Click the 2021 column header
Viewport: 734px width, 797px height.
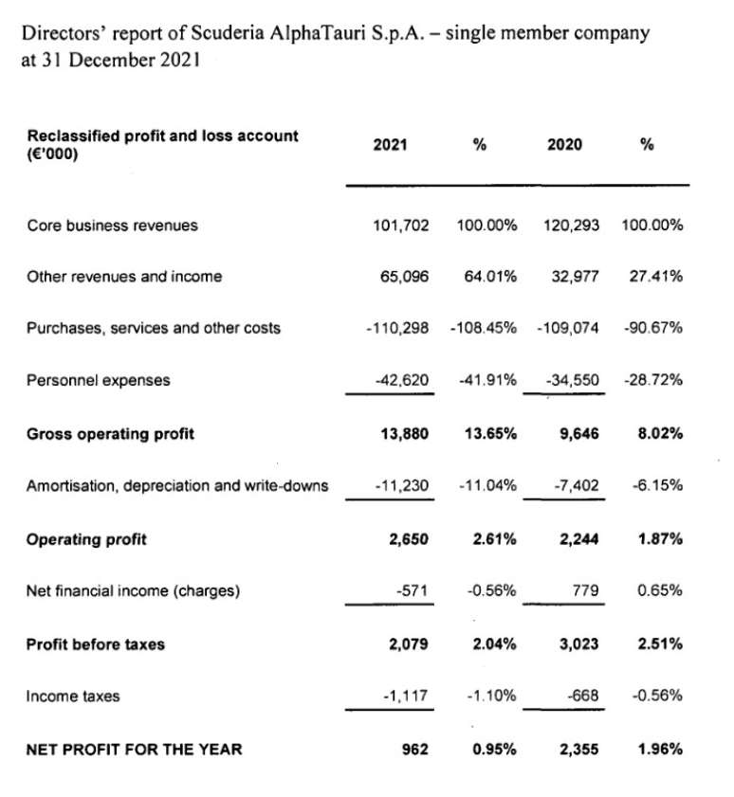coord(391,145)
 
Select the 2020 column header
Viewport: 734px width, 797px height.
coord(565,145)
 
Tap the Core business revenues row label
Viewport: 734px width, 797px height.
coord(113,226)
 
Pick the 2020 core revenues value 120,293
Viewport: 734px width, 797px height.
coord(573,226)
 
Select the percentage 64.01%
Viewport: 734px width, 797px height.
coord(486,277)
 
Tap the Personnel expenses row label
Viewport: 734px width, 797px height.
coord(99,380)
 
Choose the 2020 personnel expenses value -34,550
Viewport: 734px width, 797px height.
coord(574,380)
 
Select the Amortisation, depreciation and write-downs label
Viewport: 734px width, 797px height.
coord(177,486)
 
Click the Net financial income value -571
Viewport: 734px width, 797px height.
coord(413,591)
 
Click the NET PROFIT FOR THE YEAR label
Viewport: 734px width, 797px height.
coord(134,750)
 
